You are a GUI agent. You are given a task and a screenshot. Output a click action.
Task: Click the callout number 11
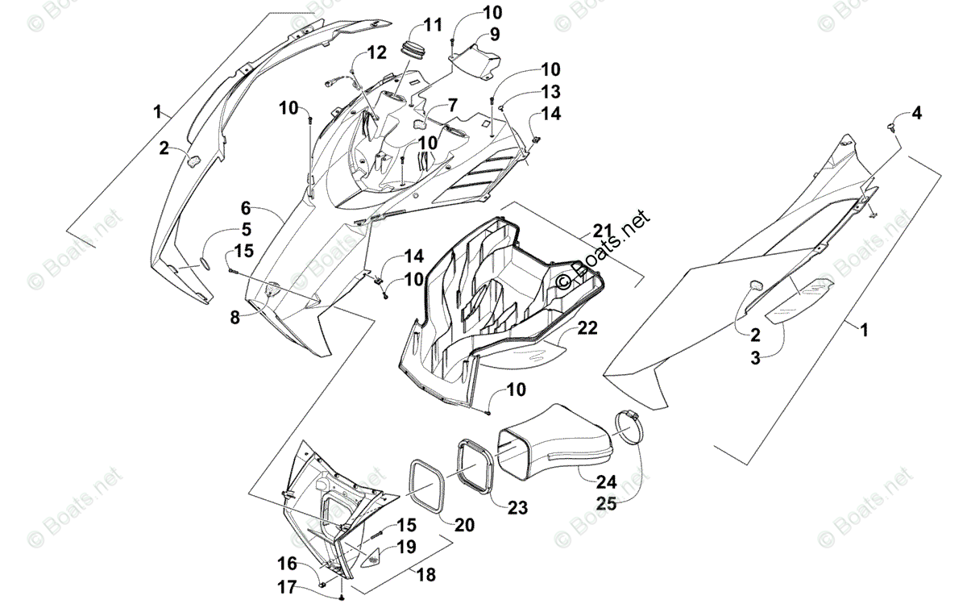pos(433,24)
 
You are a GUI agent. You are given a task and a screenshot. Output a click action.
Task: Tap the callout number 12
pos(377,53)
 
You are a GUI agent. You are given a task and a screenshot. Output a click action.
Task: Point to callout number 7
pos(453,105)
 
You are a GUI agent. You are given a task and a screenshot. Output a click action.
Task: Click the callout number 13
pos(550,90)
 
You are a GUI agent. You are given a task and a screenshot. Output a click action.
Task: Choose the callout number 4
pos(916,114)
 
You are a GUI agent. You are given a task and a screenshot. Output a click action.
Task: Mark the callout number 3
pos(755,359)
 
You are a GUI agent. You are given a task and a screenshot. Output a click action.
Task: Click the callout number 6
pos(246,207)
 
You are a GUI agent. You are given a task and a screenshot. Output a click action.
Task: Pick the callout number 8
pos(234,318)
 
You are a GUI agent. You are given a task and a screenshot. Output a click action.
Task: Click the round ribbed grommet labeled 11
pos(417,50)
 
